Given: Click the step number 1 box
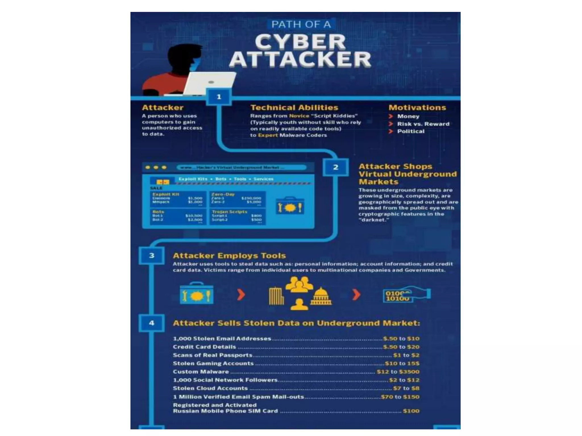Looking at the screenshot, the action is [x=219, y=97].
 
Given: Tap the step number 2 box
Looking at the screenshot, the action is [x=336, y=167].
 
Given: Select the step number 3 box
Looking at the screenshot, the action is [x=151, y=255].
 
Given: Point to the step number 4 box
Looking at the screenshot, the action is [x=151, y=323].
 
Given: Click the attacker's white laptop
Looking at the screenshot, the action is [x=210, y=83].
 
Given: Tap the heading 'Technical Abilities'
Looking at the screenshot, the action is [x=294, y=108].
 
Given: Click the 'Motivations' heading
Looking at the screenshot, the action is [x=417, y=108].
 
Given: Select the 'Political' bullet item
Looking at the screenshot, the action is [x=411, y=131].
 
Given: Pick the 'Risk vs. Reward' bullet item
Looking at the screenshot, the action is [x=423, y=124].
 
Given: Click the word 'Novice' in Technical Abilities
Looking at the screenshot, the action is [x=299, y=116].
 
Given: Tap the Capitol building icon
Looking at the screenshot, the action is [x=321, y=296].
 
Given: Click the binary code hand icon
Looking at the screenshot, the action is [x=406, y=295].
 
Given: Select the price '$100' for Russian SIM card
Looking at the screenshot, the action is [x=411, y=411].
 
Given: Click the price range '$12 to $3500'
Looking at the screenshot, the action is [x=398, y=372].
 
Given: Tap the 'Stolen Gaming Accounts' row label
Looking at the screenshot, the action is [x=213, y=364].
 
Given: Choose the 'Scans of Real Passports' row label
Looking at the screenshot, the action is [x=213, y=355].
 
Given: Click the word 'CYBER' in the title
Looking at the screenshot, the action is [x=300, y=42].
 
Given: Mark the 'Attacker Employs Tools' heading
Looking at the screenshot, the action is [x=229, y=256].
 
